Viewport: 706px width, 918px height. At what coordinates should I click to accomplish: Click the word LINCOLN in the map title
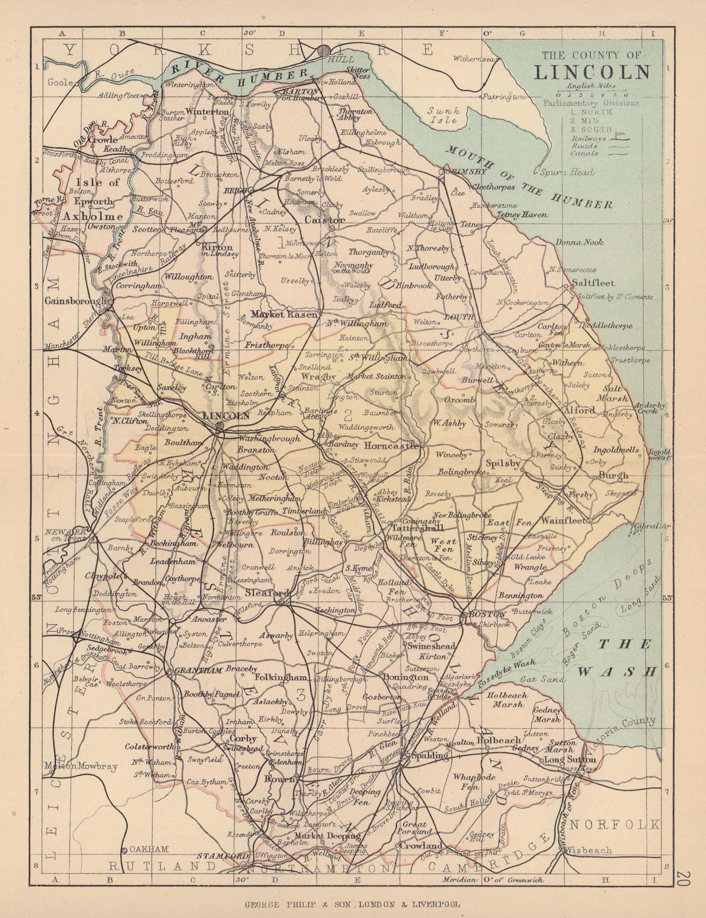pos(592,72)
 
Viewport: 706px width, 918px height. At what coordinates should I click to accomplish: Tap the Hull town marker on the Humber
pos(324,49)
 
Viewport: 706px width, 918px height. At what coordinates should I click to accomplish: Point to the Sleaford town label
pos(262,592)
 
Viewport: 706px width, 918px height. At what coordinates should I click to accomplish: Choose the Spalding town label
pos(431,756)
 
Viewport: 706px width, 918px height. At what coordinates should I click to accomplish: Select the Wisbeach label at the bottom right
pos(592,850)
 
